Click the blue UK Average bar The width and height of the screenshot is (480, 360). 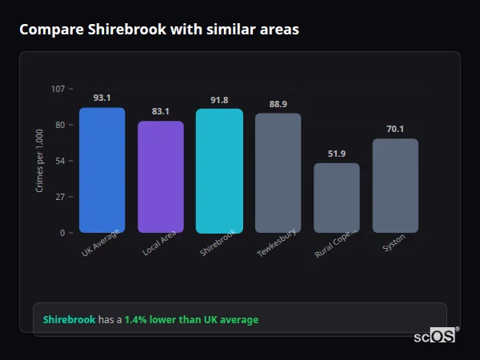tap(102, 170)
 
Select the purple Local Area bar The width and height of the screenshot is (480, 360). tap(161, 177)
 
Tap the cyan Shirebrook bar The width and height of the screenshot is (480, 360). tap(219, 170)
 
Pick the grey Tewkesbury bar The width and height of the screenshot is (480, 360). tap(278, 173)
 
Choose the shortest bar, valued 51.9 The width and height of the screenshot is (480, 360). tap(337, 198)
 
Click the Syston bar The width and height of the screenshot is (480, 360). tap(395, 186)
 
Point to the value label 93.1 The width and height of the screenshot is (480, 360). tap(102, 98)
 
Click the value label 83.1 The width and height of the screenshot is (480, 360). tap(161, 111)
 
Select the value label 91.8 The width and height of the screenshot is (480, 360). tap(219, 100)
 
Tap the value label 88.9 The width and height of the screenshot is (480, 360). tap(278, 104)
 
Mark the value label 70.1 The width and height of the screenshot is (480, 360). tap(395, 129)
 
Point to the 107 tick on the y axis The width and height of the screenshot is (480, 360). tap(58, 89)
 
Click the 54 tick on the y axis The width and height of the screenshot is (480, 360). tap(60, 161)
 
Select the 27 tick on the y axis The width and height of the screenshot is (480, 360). tap(60, 197)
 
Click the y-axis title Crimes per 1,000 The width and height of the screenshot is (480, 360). tap(40, 161)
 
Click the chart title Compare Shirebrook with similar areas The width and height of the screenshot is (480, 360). tap(159, 30)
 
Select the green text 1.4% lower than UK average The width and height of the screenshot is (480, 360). tap(191, 320)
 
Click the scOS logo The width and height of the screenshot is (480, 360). tap(435, 337)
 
